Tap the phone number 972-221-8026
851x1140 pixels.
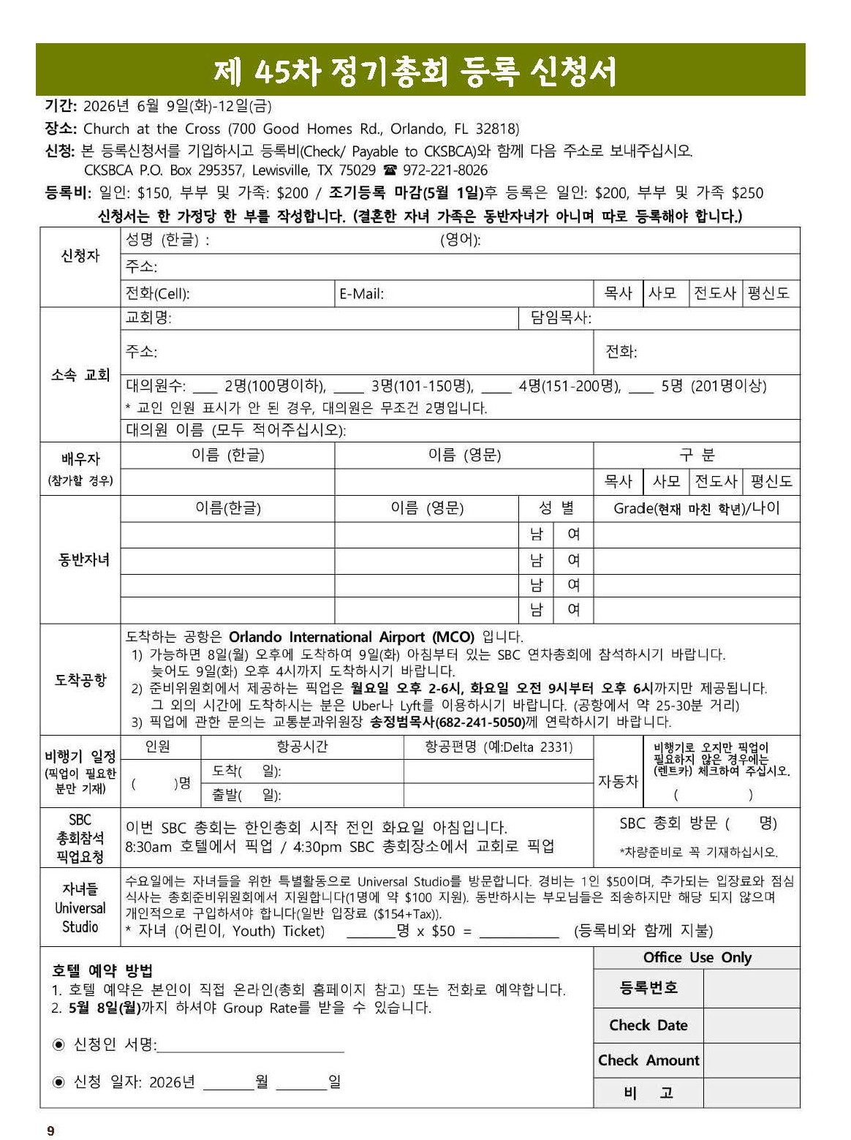pos(445,170)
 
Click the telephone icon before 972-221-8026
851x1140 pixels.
pos(390,170)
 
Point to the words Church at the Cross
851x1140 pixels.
pos(151,129)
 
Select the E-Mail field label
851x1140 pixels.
pos(361,294)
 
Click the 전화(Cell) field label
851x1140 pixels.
pos(157,294)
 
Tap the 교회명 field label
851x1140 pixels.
pos(148,318)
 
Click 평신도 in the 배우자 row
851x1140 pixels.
pos(771,481)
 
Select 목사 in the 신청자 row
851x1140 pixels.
pos(618,293)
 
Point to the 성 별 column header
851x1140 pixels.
pos(556,508)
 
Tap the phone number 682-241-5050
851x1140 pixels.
pos(480,722)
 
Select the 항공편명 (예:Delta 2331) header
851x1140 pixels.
pos(499,747)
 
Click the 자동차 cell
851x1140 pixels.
pos(619,781)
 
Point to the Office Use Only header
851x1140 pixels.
pos(697,958)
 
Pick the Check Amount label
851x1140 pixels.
pos(648,1060)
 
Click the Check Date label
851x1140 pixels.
pos(648,1025)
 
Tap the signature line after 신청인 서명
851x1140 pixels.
pos(251,1046)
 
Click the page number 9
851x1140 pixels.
pos(50,1131)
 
